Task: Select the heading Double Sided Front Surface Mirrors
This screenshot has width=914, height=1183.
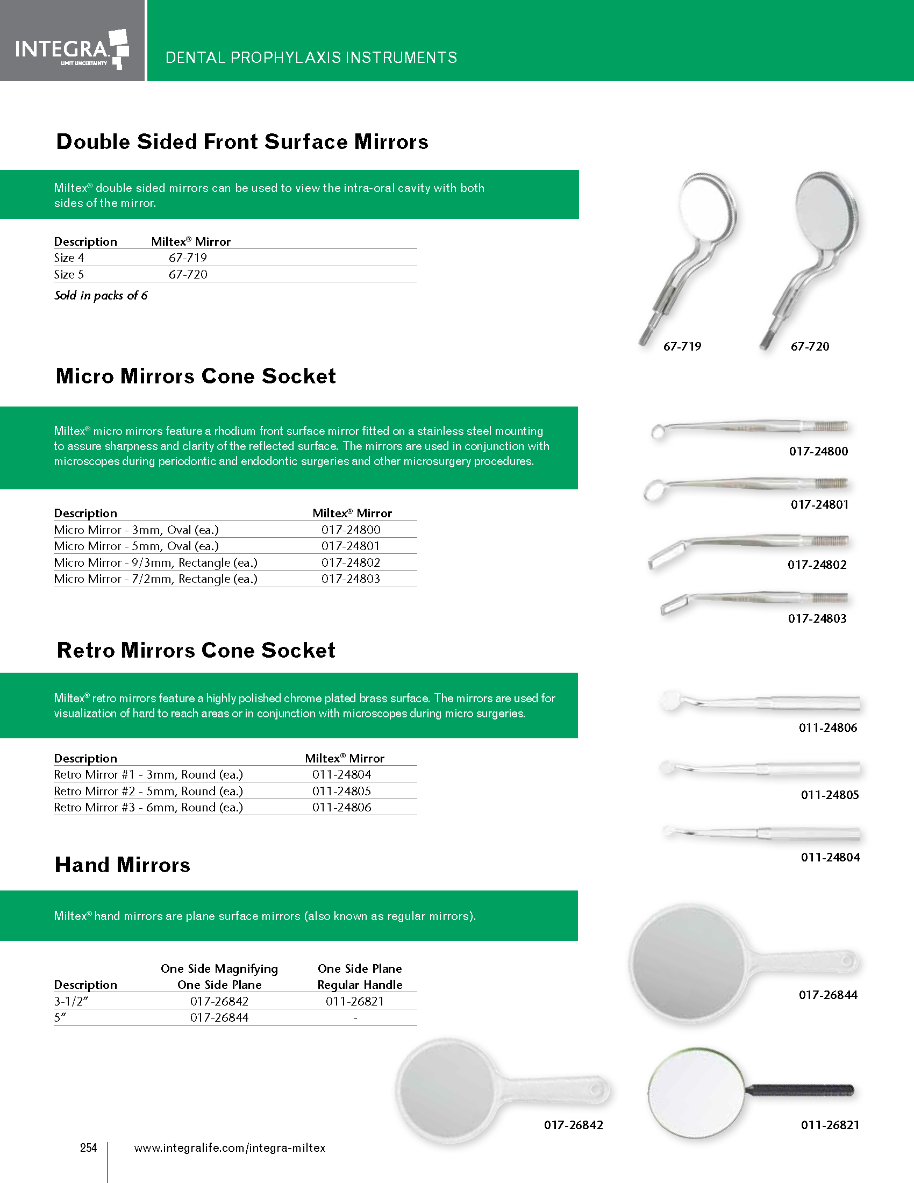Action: click(242, 142)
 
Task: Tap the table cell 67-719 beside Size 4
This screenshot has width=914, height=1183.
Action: click(187, 258)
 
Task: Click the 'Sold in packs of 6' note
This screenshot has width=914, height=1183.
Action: click(101, 296)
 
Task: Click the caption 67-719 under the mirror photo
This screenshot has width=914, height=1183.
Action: click(682, 347)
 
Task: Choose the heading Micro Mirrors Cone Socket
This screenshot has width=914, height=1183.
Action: click(196, 376)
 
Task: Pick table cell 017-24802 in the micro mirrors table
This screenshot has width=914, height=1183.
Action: click(351, 563)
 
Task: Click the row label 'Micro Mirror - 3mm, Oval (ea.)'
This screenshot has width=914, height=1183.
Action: click(137, 530)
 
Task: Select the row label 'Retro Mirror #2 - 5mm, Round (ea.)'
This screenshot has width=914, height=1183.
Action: click(148, 792)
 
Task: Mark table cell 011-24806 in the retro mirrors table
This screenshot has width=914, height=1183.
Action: click(341, 808)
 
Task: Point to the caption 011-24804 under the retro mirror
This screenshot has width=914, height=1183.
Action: click(830, 858)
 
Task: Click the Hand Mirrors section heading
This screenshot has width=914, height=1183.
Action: click(123, 865)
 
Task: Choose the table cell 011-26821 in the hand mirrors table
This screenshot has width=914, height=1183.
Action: click(355, 1002)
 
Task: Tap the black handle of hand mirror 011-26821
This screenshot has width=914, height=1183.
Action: click(802, 1091)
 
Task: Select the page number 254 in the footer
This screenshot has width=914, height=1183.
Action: click(88, 1148)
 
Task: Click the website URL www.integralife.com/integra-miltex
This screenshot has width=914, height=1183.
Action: click(230, 1148)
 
